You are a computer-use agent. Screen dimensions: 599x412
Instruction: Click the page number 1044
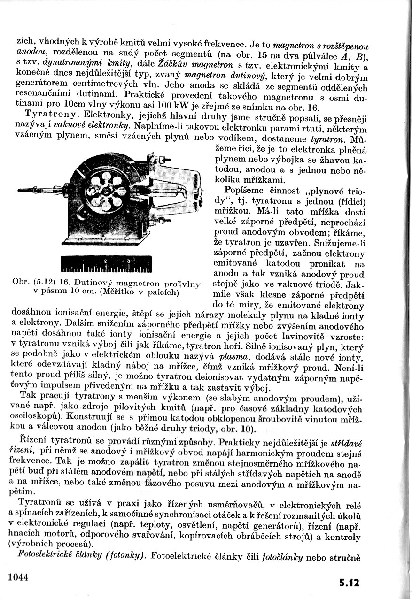tap(19, 576)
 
